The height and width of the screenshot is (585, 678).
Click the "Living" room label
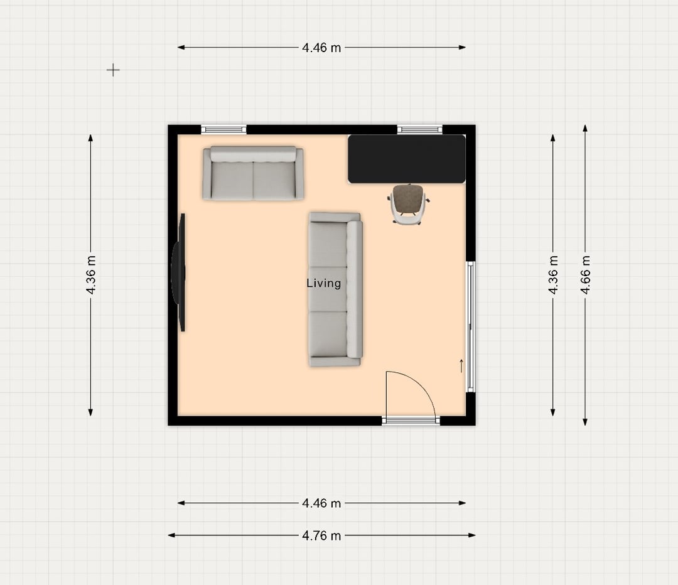coord(323,283)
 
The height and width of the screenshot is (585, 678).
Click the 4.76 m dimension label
coord(321,535)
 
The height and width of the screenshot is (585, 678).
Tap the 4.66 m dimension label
coord(585,275)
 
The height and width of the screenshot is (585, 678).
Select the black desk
coord(406,159)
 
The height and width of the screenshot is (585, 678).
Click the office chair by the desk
coord(408,204)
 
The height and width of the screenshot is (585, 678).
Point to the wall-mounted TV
coord(178,272)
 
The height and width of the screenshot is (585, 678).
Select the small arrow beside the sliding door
coord(461,366)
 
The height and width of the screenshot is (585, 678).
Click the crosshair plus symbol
coord(113,70)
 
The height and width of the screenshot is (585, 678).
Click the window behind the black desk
coord(420,129)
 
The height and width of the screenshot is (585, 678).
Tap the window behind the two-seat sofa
coord(223,129)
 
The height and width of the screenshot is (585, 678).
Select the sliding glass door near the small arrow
coord(470,327)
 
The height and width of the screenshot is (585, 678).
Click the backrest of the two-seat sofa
coord(254,154)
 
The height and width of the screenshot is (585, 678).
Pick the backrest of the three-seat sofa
coord(355,289)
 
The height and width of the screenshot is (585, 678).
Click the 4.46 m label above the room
coord(321,48)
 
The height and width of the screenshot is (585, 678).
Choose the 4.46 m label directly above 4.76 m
coord(321,503)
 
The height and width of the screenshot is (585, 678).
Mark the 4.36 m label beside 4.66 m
coord(553,275)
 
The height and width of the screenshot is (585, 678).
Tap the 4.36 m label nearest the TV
coord(91,275)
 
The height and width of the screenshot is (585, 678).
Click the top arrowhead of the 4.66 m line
coord(585,128)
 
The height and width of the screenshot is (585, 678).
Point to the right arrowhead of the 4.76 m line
coord(472,535)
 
